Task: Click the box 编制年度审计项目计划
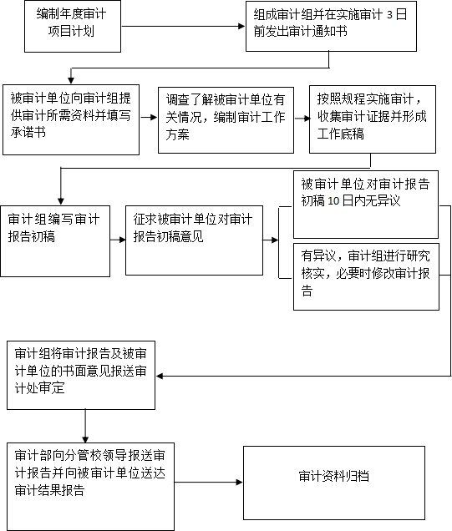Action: [x=73, y=26]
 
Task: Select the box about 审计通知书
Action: [x=331, y=26]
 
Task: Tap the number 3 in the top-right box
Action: [x=389, y=14]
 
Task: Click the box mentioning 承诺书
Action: [x=71, y=119]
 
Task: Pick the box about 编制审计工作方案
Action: [x=226, y=120]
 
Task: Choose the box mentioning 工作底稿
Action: [x=373, y=119]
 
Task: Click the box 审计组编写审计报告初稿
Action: [x=55, y=241]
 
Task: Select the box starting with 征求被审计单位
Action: [x=194, y=240]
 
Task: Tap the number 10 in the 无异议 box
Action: [x=333, y=201]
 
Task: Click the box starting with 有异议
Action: [x=366, y=276]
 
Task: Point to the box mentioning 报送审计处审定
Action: [x=81, y=375]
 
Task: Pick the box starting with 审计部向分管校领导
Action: [x=90, y=487]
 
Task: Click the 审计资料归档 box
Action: [x=334, y=483]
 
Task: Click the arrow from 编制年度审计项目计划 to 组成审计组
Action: [x=183, y=26]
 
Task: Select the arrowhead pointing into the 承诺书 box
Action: [x=71, y=80]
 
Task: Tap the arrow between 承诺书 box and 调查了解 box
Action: [x=149, y=117]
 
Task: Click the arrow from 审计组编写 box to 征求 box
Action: [x=118, y=240]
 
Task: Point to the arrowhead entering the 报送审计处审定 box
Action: [x=160, y=376]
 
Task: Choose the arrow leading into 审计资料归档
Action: [x=209, y=482]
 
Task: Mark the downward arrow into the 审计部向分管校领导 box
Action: [x=85, y=426]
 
